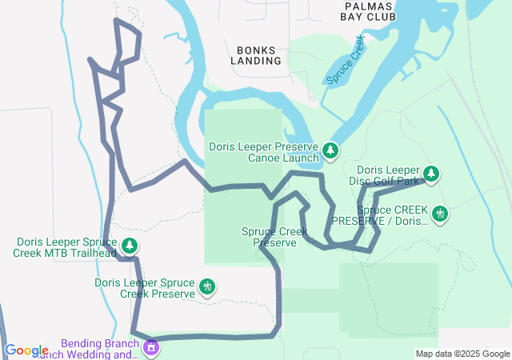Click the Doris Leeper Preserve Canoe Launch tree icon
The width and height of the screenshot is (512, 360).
point(330,150)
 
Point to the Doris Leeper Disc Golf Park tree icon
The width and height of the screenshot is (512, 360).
point(431,174)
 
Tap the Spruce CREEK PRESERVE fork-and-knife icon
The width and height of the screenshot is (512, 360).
point(439,214)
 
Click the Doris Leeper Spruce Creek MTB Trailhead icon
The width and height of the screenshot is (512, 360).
point(129,246)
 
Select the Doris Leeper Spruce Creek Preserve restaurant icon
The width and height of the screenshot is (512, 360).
point(207,286)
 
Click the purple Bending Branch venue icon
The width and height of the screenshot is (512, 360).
point(150,348)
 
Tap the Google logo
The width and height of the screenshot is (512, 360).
point(26,350)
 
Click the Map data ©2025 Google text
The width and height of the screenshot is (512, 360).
point(462,354)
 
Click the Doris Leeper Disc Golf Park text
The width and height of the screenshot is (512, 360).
point(387,175)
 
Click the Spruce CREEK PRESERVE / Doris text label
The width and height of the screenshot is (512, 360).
point(381,215)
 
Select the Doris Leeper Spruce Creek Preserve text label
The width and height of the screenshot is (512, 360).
point(145,288)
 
